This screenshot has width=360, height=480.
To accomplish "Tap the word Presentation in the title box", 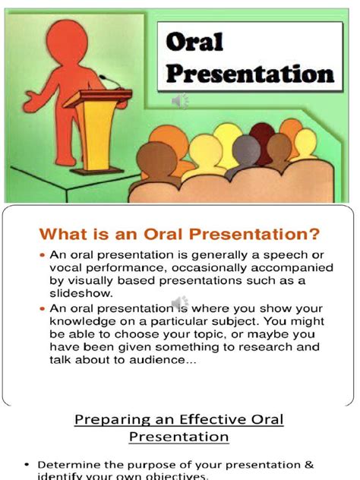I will pyautogui.click(x=250, y=74).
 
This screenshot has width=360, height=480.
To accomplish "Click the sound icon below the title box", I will pyautogui.click(x=180, y=101).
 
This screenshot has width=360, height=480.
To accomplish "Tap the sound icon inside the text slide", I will pyautogui.click(x=179, y=304).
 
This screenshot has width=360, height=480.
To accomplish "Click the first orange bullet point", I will pyautogui.click(x=43, y=255).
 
